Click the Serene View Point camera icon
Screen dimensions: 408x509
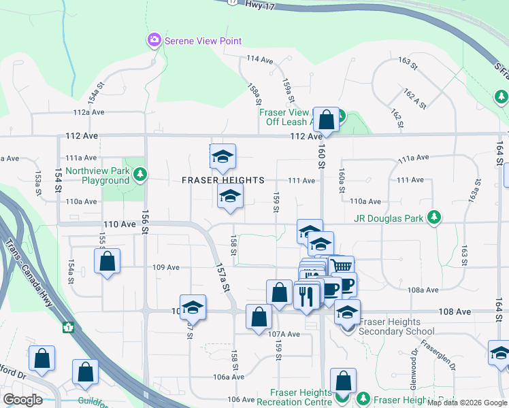(x=154, y=41)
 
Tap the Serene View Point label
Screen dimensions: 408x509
(x=203, y=41)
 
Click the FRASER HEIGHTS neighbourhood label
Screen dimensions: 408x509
(x=223, y=180)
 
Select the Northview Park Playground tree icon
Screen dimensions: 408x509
(x=139, y=175)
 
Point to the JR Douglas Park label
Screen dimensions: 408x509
(x=389, y=219)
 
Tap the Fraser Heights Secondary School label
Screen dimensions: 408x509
(x=396, y=326)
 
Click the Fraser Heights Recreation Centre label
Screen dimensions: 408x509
(x=301, y=397)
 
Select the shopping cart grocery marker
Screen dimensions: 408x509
(x=341, y=266)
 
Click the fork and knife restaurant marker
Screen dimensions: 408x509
(x=306, y=295)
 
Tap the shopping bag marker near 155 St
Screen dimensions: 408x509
(x=107, y=261)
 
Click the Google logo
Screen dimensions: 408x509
(x=22, y=400)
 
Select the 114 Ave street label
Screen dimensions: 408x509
(x=259, y=59)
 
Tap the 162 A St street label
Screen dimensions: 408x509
(x=414, y=99)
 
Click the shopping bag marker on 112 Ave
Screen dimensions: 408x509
(x=327, y=120)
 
